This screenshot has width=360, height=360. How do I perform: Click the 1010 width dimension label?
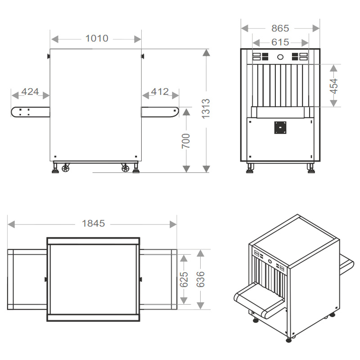[97, 38]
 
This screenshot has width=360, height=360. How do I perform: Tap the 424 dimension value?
[30, 92]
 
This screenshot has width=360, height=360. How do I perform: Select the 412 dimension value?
[160, 92]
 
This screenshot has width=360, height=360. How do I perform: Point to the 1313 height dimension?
[206, 108]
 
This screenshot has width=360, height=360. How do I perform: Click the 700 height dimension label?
[186, 141]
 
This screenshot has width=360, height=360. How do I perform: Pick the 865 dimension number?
[280, 28]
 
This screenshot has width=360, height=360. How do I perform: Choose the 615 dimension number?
[280, 42]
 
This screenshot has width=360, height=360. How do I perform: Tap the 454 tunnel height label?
[334, 86]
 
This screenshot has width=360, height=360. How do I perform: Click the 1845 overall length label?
[94, 223]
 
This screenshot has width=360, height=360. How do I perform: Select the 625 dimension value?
[184, 279]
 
